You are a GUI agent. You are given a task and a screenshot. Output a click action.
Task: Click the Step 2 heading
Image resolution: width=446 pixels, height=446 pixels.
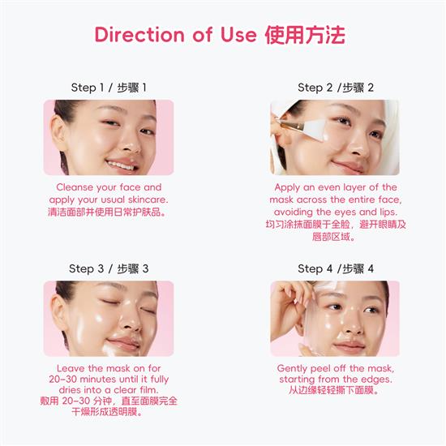[336, 87]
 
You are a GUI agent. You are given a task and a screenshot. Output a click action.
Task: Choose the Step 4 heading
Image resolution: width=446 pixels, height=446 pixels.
[336, 268]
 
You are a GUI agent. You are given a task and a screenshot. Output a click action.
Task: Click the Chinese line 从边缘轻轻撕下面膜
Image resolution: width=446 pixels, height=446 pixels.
[335, 390]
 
